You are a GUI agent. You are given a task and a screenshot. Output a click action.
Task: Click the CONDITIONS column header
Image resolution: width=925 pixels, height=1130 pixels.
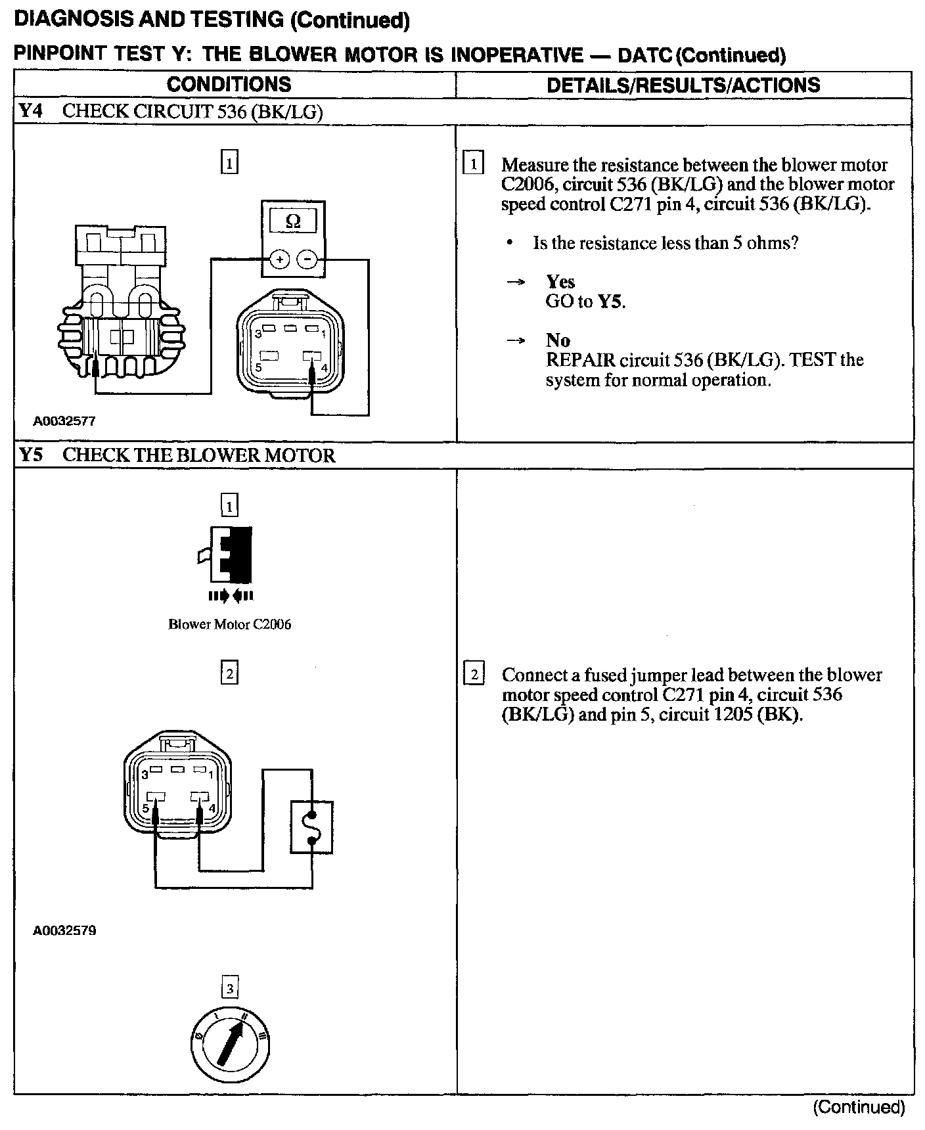pyautogui.click(x=229, y=85)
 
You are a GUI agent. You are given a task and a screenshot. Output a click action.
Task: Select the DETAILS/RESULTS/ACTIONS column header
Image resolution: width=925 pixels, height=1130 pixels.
pyautogui.click(x=683, y=85)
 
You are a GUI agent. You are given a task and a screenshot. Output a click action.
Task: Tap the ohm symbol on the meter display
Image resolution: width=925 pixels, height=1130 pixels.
pyautogui.click(x=293, y=222)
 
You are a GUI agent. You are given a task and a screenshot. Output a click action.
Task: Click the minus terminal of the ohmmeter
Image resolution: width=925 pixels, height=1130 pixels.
pyautogui.click(x=307, y=260)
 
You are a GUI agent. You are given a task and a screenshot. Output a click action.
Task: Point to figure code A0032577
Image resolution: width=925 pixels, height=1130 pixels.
pyautogui.click(x=64, y=421)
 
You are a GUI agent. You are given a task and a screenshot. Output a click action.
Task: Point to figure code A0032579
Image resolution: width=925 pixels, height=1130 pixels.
pyautogui.click(x=64, y=930)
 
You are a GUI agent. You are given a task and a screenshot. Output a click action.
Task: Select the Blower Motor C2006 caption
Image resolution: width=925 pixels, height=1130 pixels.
pyautogui.click(x=229, y=624)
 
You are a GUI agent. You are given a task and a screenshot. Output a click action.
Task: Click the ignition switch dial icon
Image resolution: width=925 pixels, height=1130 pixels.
pyautogui.click(x=229, y=1044)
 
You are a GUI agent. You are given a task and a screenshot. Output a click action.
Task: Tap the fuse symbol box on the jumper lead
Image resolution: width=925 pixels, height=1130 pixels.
pyautogui.click(x=311, y=827)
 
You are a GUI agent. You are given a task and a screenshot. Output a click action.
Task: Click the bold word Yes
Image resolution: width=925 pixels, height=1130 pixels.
pyautogui.click(x=560, y=282)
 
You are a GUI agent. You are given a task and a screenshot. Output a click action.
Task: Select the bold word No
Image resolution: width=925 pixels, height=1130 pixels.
pyautogui.click(x=558, y=340)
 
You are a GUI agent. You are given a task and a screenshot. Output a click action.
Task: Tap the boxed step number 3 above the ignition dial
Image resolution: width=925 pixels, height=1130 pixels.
pyautogui.click(x=229, y=988)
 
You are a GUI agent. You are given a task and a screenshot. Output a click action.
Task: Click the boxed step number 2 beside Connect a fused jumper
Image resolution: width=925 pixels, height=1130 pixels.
pyautogui.click(x=474, y=675)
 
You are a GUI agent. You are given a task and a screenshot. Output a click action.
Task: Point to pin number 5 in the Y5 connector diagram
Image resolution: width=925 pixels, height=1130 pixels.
pyautogui.click(x=145, y=809)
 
